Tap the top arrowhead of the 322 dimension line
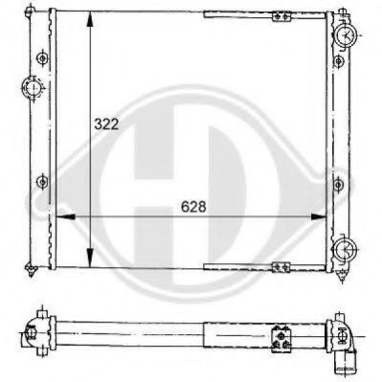[88, 16]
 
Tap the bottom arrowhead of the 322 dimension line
[88, 263]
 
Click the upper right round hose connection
[346, 35]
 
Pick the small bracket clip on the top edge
[281, 15]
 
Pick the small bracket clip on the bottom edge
[281, 265]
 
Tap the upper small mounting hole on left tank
[41, 58]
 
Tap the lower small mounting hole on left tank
[41, 179]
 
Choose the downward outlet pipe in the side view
[347, 362]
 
